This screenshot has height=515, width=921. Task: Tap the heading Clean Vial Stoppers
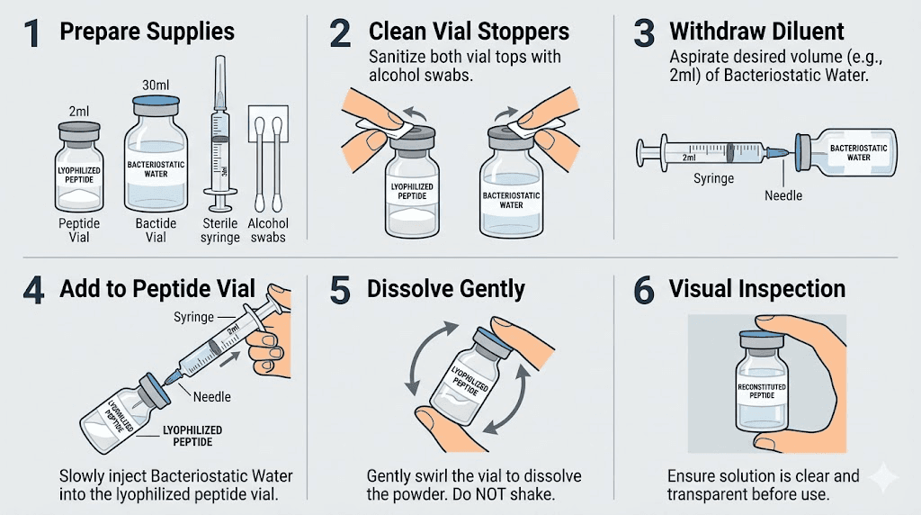click(469, 32)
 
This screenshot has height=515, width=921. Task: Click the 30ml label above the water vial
click(156, 85)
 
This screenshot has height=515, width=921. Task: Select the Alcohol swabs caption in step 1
click(267, 230)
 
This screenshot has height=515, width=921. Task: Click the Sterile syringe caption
click(220, 230)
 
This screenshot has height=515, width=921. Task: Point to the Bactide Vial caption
click(156, 230)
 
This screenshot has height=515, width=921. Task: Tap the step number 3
click(643, 34)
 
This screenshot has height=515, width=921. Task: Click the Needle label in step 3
click(783, 194)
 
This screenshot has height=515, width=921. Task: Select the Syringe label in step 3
click(713, 178)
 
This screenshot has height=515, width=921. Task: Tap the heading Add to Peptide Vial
click(156, 289)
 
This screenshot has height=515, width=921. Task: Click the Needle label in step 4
click(212, 396)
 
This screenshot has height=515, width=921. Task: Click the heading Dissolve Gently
click(446, 289)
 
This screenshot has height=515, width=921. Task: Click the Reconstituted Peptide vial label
click(761, 392)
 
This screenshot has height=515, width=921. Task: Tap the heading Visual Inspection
click(756, 289)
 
